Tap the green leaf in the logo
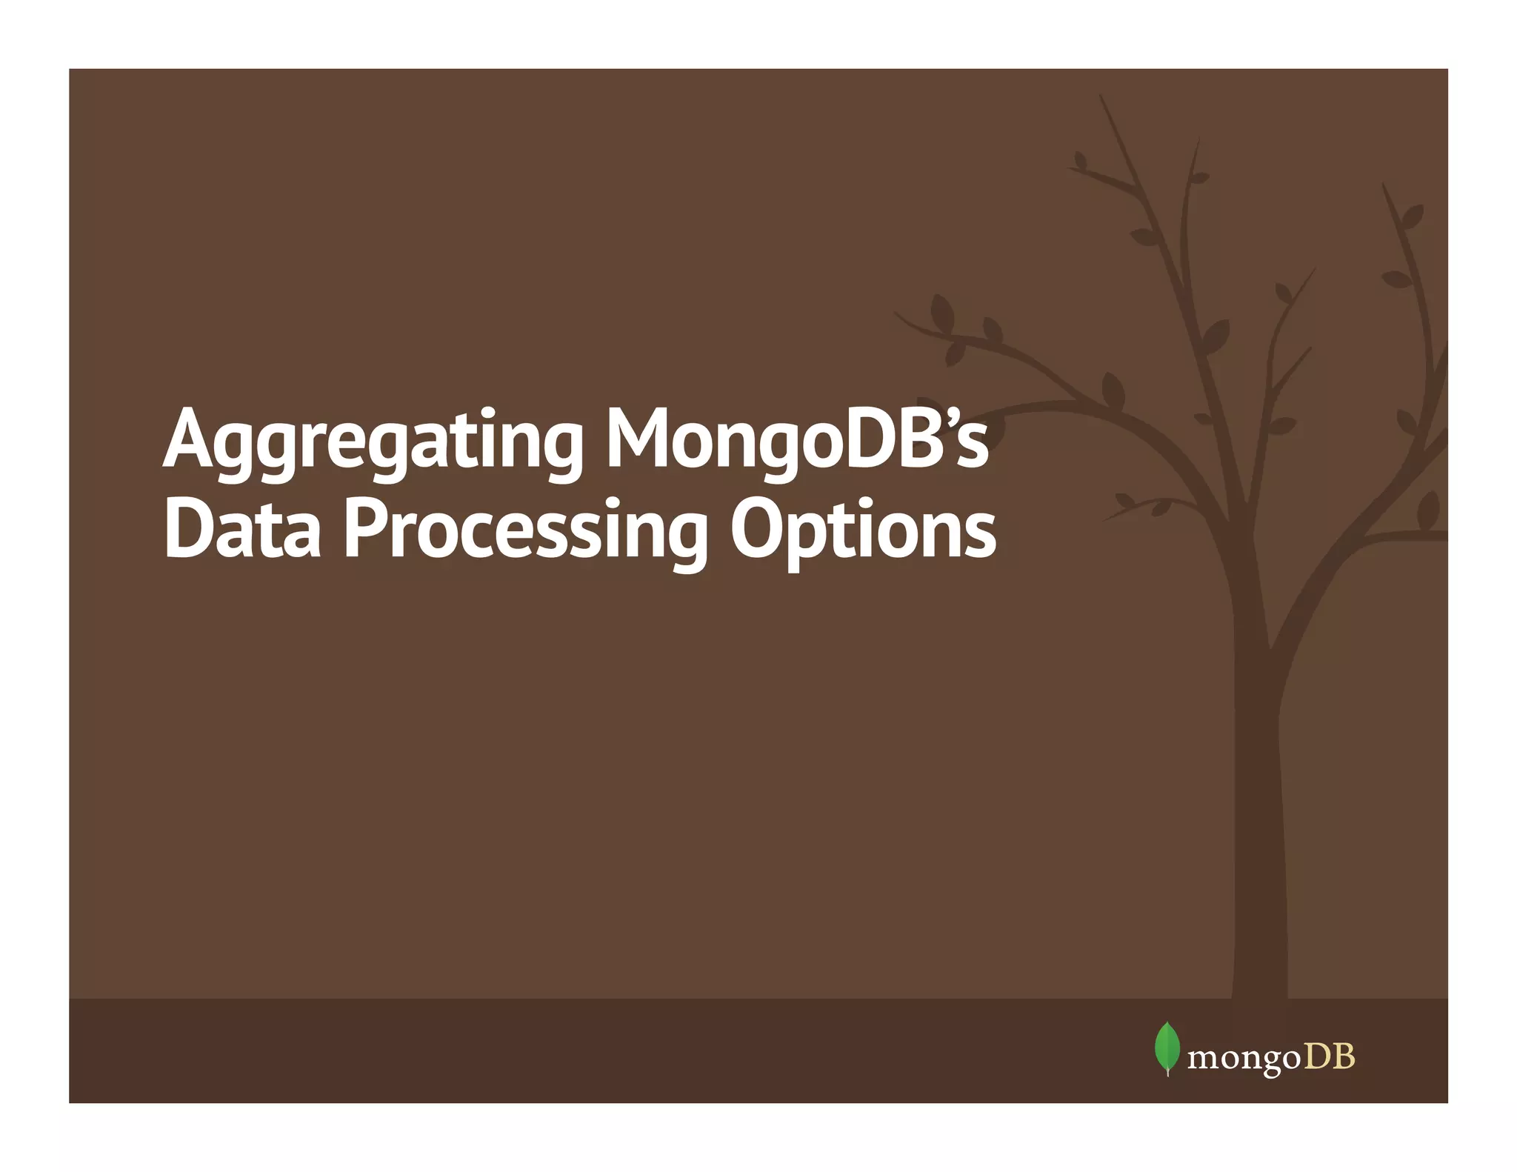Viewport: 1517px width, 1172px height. click(1167, 1048)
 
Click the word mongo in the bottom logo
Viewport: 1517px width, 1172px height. click(1244, 1059)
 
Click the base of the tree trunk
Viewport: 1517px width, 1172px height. click(1259, 985)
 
